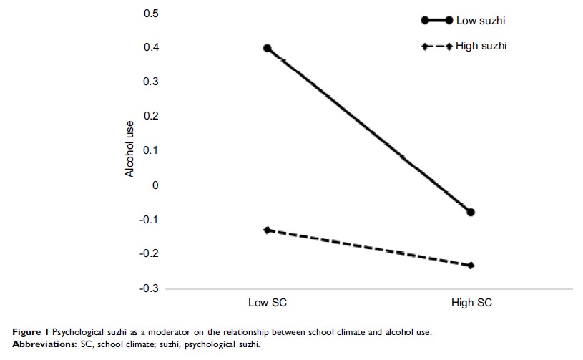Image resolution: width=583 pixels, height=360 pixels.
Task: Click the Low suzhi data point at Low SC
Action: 267,48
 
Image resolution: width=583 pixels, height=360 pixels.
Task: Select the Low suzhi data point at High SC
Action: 471,212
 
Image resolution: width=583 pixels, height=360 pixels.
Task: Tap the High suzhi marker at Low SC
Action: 267,230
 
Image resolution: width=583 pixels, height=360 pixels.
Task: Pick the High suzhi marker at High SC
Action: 471,266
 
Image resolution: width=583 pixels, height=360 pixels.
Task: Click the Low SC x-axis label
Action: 267,303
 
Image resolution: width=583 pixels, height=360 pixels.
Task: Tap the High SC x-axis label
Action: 471,303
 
